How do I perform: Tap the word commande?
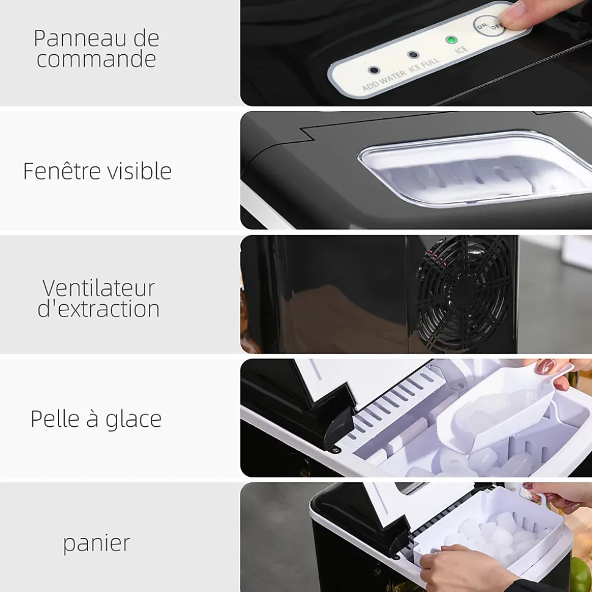click(x=96, y=59)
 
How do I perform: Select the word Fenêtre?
click(x=62, y=171)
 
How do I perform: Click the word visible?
click(x=140, y=171)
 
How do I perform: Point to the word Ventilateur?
click(x=98, y=288)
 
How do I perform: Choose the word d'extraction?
click(x=98, y=308)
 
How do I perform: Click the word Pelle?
click(x=55, y=418)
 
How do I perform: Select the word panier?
click(x=96, y=544)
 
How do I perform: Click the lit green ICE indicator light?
click(x=450, y=40)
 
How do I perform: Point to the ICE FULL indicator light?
click(x=413, y=55)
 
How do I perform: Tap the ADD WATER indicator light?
click(x=374, y=70)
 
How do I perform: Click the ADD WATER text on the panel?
click(x=384, y=80)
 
